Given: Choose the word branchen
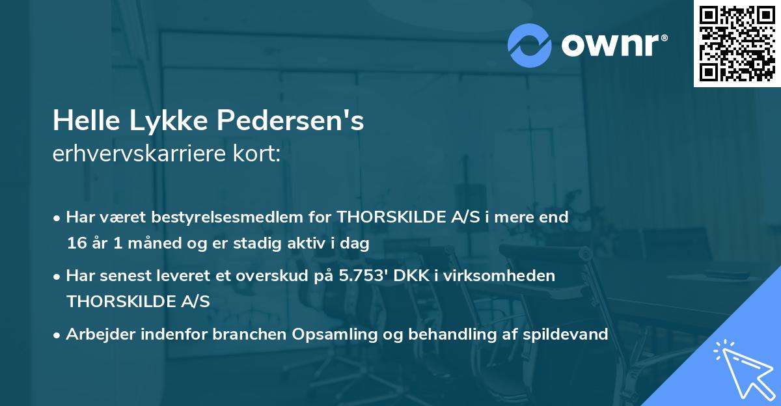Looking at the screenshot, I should click(249, 334).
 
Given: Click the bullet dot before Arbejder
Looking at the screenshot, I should click(58, 334).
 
